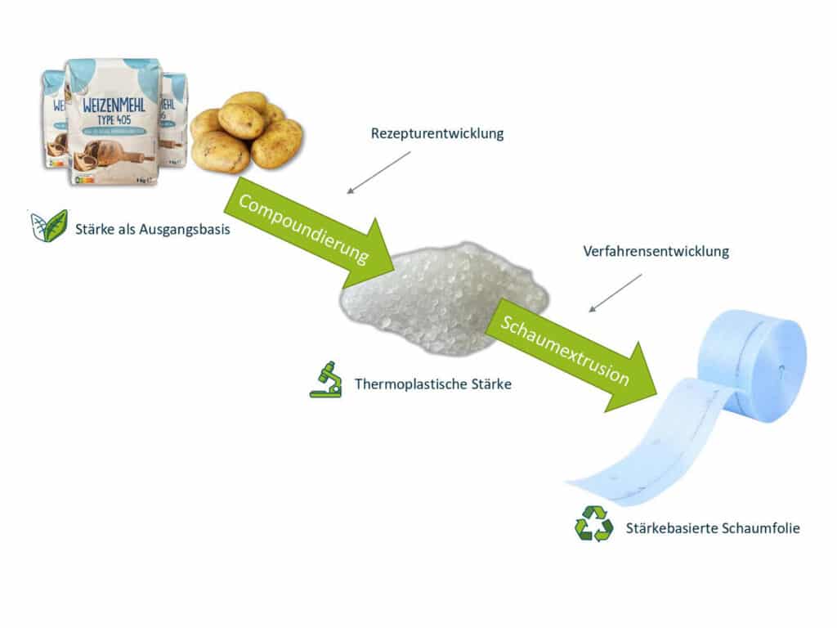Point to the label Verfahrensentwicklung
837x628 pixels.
point(656,251)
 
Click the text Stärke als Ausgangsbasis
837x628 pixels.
point(152,229)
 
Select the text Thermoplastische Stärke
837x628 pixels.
point(432,383)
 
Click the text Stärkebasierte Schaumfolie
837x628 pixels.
point(712,528)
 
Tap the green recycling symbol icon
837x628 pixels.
point(593,524)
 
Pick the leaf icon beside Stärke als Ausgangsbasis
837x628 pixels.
point(49,226)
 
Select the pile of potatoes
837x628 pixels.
point(245,131)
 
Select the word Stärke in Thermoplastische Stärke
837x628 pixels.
point(490,383)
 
